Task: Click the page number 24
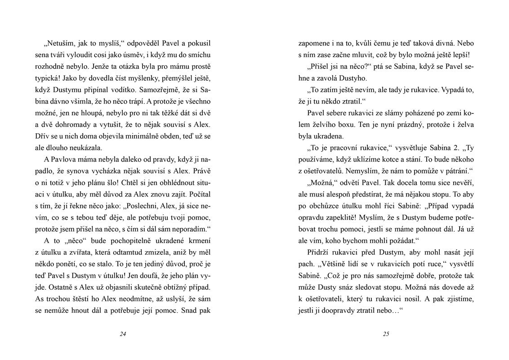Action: pos(123,334)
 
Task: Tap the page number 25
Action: pos(386,334)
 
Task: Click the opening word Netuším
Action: pos(58,44)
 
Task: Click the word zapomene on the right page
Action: pos(315,44)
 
